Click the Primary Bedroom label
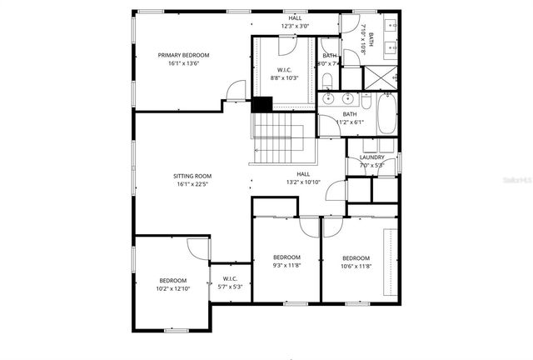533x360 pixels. click(184, 55)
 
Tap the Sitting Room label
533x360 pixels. click(192, 176)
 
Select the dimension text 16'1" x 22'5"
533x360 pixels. click(192, 185)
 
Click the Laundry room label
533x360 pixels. click(371, 157)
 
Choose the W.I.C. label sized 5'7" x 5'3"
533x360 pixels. click(231, 279)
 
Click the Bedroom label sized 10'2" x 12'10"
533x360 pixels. click(173, 280)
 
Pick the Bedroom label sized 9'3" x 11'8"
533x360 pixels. click(287, 257)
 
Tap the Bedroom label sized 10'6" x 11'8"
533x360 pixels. click(356, 257)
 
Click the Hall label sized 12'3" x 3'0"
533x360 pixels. click(296, 17)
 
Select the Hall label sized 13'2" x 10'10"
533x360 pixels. click(303, 173)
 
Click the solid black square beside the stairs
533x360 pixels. click(262, 105)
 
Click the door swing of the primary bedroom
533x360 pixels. click(237, 90)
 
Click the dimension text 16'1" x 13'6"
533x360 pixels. click(184, 63)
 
